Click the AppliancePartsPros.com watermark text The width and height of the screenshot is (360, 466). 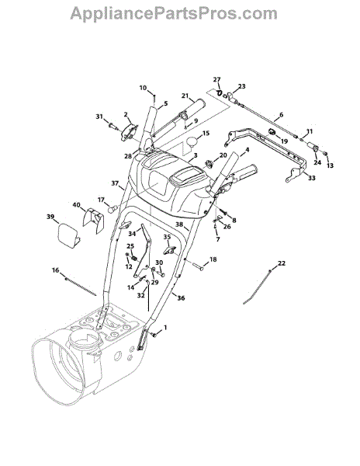point(174,14)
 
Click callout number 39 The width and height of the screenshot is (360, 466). point(50,217)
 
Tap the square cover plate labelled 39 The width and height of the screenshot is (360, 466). point(68,235)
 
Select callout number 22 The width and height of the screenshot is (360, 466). point(282,263)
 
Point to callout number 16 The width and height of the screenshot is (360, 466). point(56,270)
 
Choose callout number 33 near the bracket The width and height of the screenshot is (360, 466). point(312,178)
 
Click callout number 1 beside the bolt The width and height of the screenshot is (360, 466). point(165,328)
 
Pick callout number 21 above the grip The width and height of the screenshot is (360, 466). point(185,96)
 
